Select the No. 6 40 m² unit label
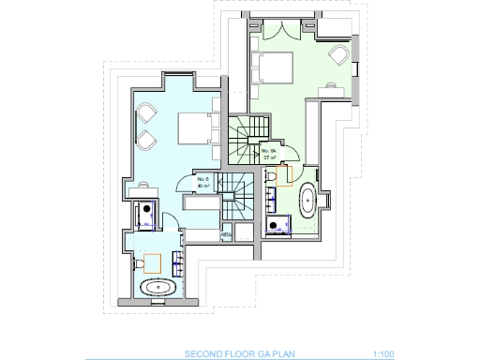coord(203,183)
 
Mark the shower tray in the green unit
coord(278,223)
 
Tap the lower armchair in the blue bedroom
coord(148,140)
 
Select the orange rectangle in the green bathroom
coord(285,174)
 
